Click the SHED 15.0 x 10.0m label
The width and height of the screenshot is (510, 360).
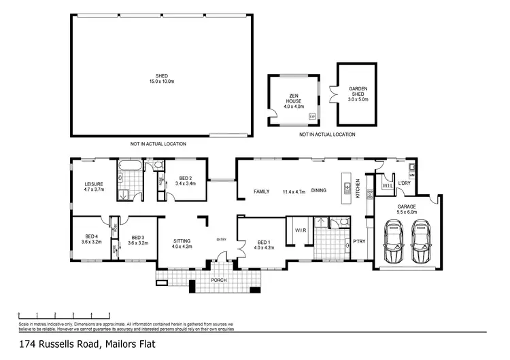(x=162, y=79)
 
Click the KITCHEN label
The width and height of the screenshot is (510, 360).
(x=358, y=188)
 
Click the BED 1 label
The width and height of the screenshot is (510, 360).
(x=265, y=244)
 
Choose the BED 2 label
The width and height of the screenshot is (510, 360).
(x=185, y=180)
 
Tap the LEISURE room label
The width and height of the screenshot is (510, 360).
(x=93, y=187)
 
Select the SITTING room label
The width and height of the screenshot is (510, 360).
(x=182, y=243)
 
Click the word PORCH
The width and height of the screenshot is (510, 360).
(x=219, y=280)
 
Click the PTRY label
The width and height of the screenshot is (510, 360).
(x=358, y=242)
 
